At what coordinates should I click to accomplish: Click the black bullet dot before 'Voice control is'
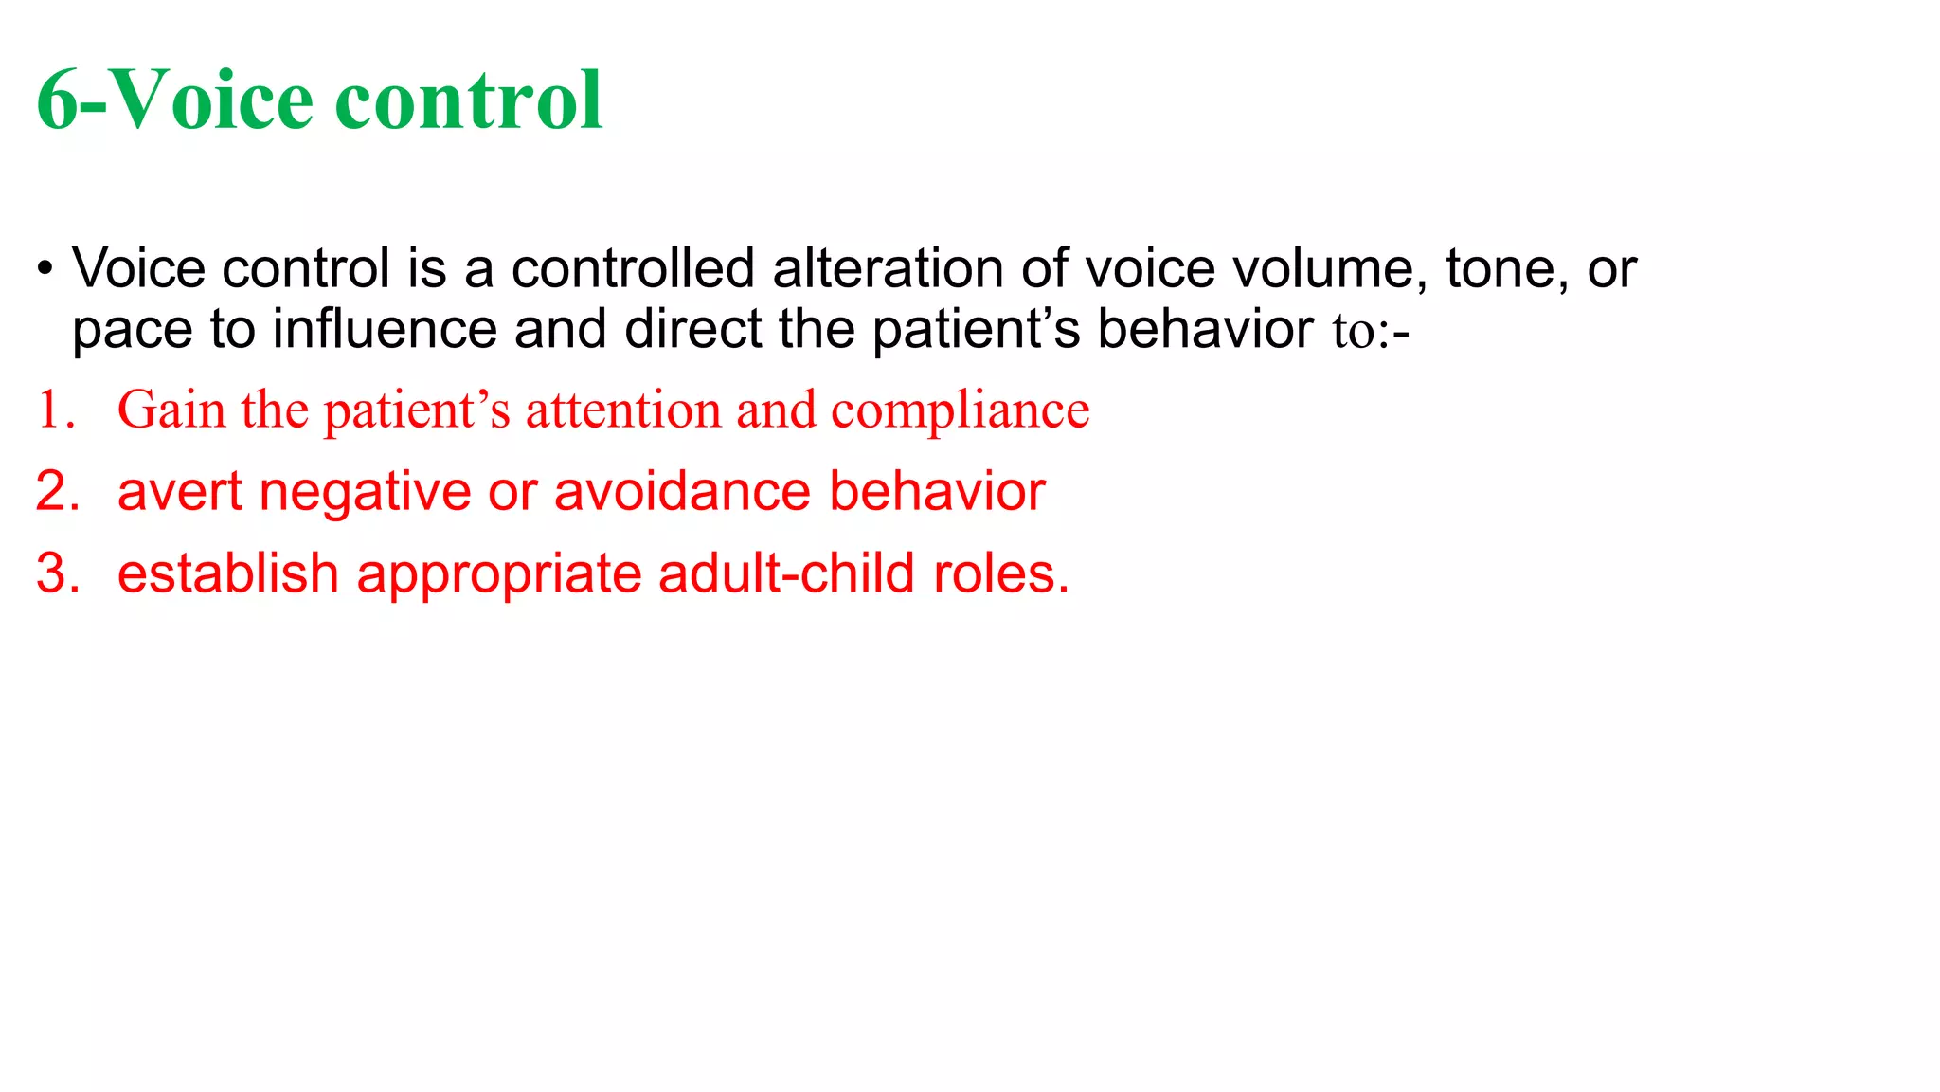(x=45, y=269)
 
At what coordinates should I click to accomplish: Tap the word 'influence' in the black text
(x=385, y=330)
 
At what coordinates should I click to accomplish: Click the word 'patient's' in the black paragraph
(x=976, y=330)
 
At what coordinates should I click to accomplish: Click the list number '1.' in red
(x=56, y=410)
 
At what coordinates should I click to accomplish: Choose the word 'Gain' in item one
(x=171, y=410)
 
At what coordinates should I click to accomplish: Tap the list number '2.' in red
(x=58, y=492)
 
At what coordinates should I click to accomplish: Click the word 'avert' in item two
(x=180, y=492)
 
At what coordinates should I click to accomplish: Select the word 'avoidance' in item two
(x=682, y=492)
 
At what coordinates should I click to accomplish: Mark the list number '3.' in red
(x=58, y=573)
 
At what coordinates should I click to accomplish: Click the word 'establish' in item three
(x=227, y=573)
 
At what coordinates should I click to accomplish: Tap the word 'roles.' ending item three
(x=1001, y=573)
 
